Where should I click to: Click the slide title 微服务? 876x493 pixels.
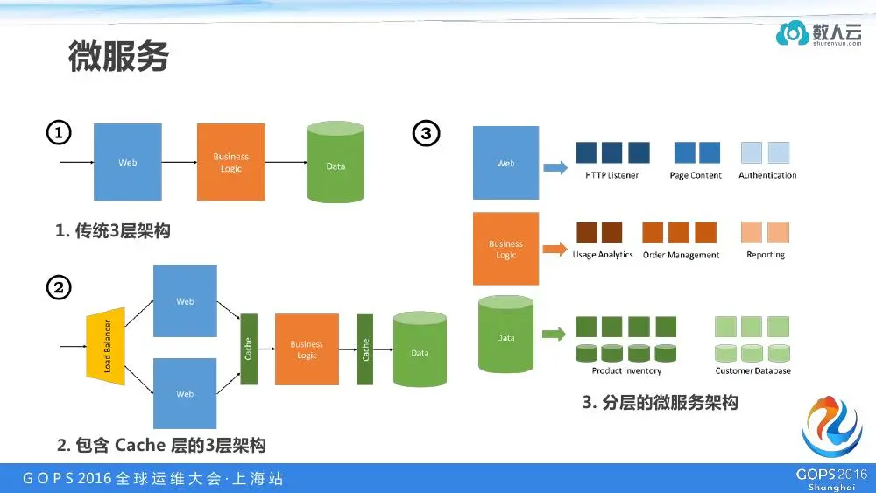click(x=118, y=58)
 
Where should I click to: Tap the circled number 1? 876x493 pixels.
click(x=58, y=133)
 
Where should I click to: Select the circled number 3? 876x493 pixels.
click(x=426, y=133)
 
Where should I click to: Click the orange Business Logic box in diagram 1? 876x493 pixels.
click(x=231, y=162)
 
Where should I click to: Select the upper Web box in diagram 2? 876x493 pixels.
click(x=185, y=301)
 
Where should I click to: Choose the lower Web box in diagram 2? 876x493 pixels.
click(x=185, y=393)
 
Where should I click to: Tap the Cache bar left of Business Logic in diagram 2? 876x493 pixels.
click(x=248, y=349)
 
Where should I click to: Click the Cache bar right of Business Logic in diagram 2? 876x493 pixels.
click(x=365, y=349)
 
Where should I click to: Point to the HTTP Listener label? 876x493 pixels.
click(x=611, y=175)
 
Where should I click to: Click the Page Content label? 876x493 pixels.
click(x=696, y=175)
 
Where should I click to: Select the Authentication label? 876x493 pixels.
click(x=767, y=175)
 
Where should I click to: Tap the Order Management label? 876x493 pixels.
click(x=681, y=255)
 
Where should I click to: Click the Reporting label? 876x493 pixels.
click(x=766, y=255)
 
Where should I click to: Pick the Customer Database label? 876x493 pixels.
click(x=752, y=370)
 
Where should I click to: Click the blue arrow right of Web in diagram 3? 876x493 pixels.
click(x=555, y=167)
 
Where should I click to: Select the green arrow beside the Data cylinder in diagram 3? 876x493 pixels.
click(x=553, y=334)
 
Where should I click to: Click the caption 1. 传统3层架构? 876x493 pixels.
click(x=113, y=231)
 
